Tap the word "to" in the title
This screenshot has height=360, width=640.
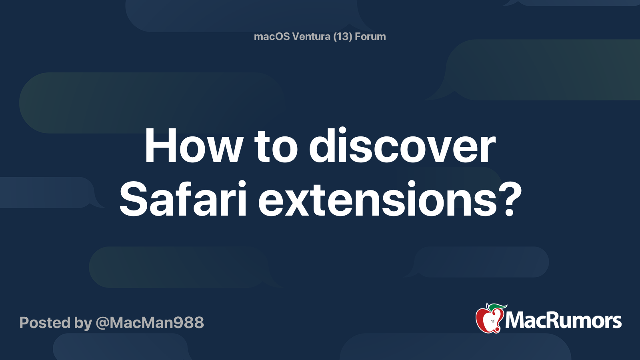(276, 146)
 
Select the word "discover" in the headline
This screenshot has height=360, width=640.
(402, 146)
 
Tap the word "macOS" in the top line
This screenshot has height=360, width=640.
(272, 36)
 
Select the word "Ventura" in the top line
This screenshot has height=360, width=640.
(311, 36)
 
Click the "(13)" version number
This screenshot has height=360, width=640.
(342, 36)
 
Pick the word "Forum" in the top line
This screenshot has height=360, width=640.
(370, 36)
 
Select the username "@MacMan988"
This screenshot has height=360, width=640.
(150, 323)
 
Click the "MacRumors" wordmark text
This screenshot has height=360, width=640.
(563, 321)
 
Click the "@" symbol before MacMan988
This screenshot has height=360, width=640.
(102, 323)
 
